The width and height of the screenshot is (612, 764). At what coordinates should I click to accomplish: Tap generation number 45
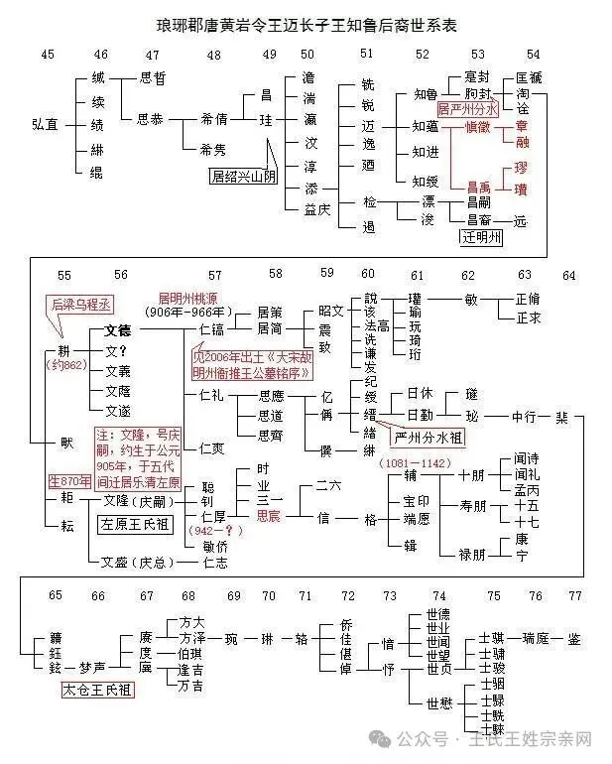(48, 54)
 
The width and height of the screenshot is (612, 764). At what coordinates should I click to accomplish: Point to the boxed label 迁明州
(483, 237)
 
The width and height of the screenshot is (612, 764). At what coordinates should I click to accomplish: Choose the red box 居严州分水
(468, 108)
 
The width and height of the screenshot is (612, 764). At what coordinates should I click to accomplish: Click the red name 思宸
(269, 517)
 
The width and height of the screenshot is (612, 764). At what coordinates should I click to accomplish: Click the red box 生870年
(69, 481)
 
